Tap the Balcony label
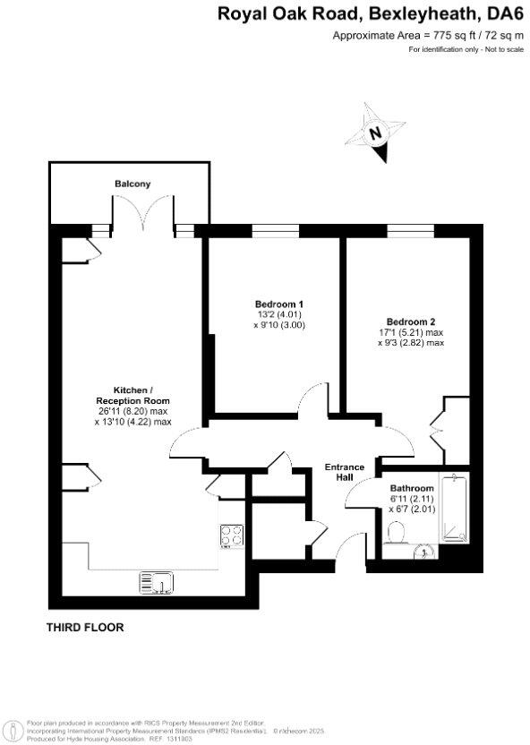click(132, 184)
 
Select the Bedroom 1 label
click(274, 304)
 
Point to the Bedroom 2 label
click(411, 321)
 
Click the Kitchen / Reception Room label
click(132, 395)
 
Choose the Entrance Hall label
click(344, 472)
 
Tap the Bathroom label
click(411, 489)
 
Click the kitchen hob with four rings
click(232, 536)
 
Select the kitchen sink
click(158, 583)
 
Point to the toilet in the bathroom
click(396, 535)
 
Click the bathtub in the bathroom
click(456, 510)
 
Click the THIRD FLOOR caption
click(85, 628)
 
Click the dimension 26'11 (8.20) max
click(132, 411)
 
